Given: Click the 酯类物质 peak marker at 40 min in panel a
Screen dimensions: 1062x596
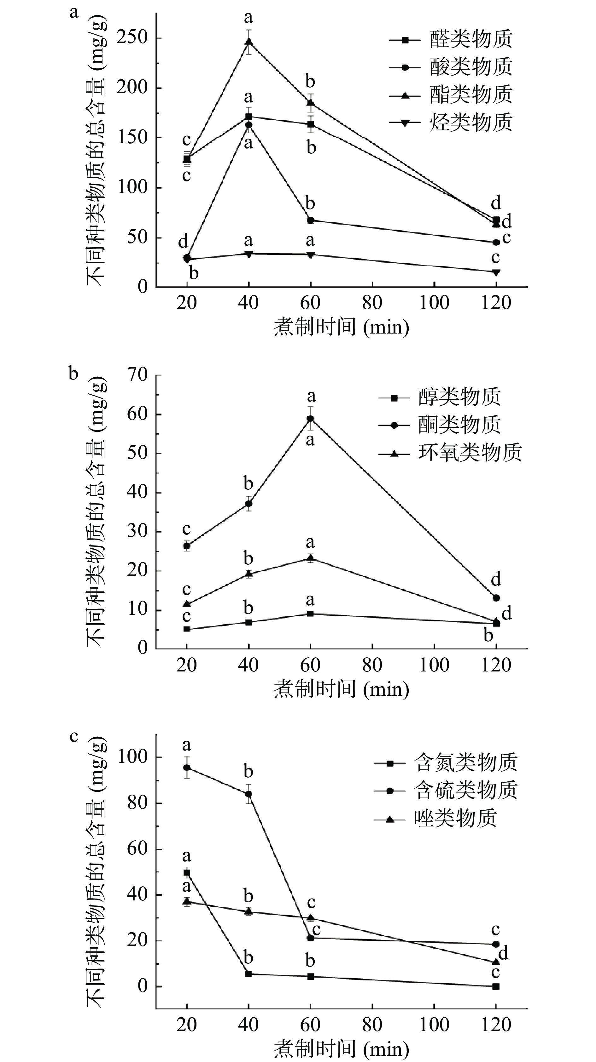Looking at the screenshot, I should [x=248, y=42].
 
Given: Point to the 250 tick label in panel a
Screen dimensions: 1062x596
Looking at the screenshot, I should [x=132, y=38].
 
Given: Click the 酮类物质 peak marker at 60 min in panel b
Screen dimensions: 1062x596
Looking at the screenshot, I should [x=310, y=419].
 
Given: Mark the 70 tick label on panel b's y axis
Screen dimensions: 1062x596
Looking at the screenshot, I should [x=137, y=375].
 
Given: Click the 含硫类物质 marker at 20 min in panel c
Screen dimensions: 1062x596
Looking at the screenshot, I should [x=187, y=768].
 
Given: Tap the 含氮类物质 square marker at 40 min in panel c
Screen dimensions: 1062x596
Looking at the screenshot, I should [x=248, y=974].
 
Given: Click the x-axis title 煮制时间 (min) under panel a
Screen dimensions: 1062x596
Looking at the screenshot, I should [x=341, y=328].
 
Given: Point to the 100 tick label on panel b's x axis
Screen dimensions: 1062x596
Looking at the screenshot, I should [x=434, y=665].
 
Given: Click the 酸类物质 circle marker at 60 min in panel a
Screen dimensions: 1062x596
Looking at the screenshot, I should [x=310, y=220].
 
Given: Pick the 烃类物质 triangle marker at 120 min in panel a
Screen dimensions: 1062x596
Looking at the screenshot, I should [x=496, y=272].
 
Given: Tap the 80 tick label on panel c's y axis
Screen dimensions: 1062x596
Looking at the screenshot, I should [x=137, y=803].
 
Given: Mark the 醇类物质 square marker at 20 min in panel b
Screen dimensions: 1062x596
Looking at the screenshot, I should [x=187, y=630].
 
